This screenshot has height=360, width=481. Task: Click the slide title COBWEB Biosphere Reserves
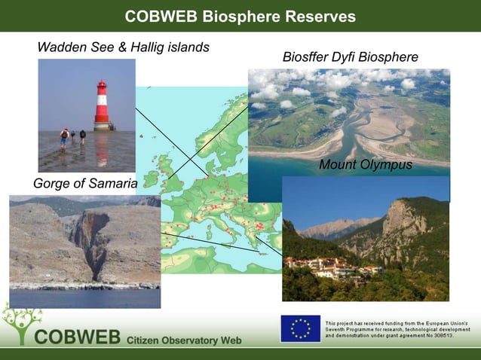240,16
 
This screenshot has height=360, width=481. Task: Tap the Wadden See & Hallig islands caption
123,47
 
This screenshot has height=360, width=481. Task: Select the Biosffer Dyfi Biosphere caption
350,58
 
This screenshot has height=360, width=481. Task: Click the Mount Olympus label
366,165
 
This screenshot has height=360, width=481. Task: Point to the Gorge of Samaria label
85,184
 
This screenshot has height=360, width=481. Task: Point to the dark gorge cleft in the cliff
94,245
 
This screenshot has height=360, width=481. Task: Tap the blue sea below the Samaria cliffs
83,298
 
